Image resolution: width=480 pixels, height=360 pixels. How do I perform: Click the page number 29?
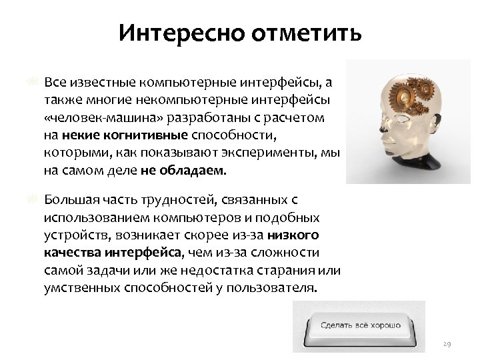447,344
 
